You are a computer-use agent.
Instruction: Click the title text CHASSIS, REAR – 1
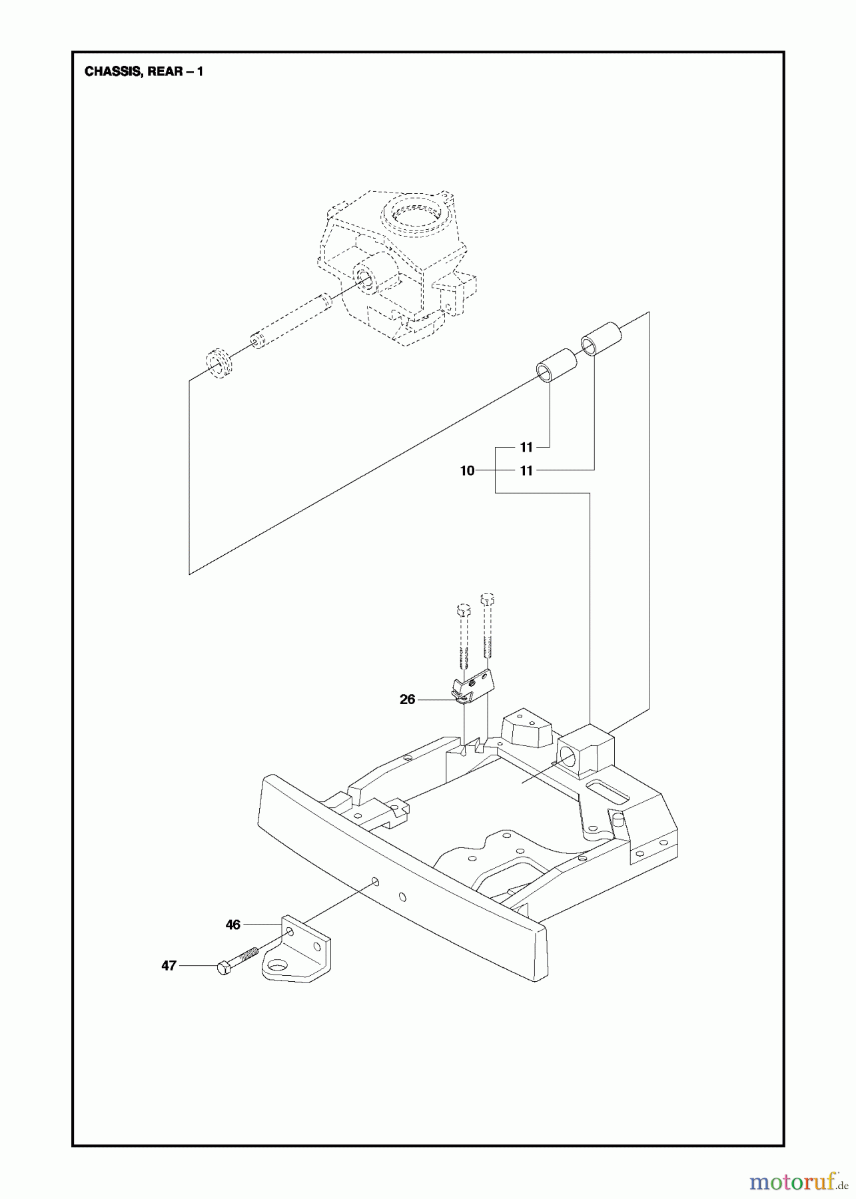(x=143, y=71)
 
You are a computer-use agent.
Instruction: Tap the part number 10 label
(x=467, y=471)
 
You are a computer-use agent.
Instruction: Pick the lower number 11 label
(x=526, y=471)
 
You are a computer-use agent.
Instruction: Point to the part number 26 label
(x=407, y=699)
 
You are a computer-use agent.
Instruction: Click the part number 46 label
(x=232, y=925)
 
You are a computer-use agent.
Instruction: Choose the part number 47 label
(x=169, y=965)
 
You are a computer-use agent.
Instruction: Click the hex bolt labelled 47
(x=234, y=965)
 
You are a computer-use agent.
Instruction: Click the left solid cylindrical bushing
(x=556, y=364)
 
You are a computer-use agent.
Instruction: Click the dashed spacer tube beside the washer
(x=290, y=320)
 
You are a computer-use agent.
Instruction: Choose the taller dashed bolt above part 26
(x=487, y=625)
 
